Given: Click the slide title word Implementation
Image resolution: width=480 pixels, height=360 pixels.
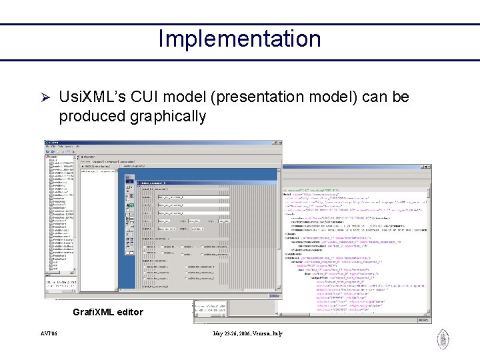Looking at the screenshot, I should tap(239, 39).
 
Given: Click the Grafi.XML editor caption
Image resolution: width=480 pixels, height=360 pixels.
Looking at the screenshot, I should tap(108, 312).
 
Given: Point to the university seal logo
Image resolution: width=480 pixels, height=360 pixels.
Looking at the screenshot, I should tap(443, 340).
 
